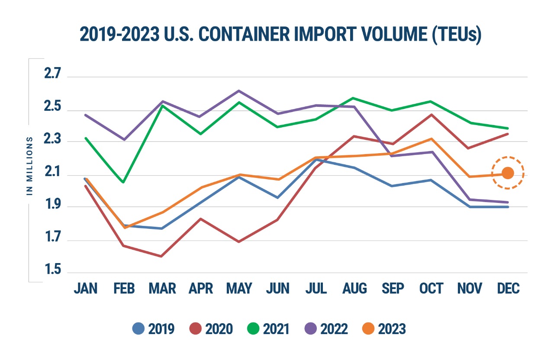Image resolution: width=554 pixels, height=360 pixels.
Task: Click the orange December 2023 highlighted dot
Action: click(508, 173)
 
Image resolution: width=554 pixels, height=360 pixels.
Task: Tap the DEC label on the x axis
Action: click(509, 289)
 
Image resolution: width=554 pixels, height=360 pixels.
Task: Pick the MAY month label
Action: click(239, 289)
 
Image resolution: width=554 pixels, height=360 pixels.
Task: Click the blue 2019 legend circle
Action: click(138, 329)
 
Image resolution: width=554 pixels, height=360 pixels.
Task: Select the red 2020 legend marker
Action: click(196, 329)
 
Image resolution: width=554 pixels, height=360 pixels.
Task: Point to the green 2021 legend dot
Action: click(253, 329)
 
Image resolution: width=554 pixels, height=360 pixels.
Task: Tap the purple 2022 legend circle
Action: click(311, 329)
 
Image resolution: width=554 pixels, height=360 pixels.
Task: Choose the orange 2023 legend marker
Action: click(368, 329)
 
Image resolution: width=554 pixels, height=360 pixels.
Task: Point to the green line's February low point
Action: click(123, 182)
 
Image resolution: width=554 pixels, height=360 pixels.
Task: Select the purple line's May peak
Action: click(239, 91)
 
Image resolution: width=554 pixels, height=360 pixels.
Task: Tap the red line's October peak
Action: click(431, 115)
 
